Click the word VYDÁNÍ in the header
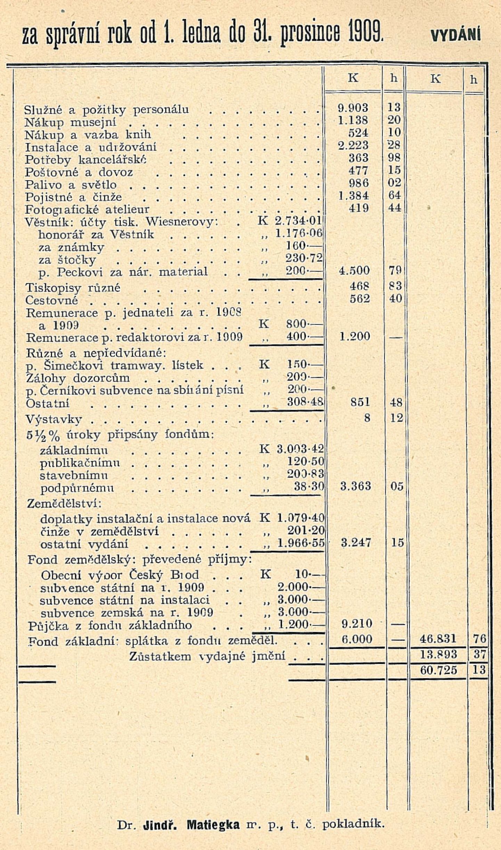(x=455, y=35)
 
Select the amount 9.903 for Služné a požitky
(x=353, y=108)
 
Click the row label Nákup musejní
(x=71, y=122)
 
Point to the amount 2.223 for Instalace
(x=353, y=145)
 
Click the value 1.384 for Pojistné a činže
(x=353, y=196)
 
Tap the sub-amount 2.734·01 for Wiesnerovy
(x=298, y=221)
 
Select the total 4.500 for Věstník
(x=354, y=271)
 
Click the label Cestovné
(x=52, y=300)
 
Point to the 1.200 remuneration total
(x=354, y=336)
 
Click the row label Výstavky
(x=54, y=419)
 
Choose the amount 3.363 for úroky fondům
(x=355, y=486)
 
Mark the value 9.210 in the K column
(x=357, y=623)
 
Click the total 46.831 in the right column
(x=438, y=639)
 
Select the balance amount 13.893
(x=438, y=654)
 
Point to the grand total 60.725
(x=438, y=670)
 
